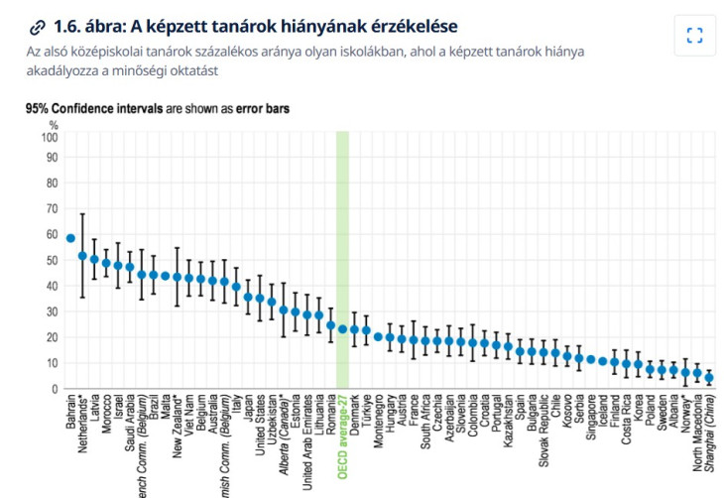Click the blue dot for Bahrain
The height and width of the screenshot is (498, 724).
(x=70, y=238)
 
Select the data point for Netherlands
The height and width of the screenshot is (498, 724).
(x=82, y=256)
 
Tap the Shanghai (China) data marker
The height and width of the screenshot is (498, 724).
(x=709, y=378)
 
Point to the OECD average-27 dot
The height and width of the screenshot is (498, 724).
(x=343, y=328)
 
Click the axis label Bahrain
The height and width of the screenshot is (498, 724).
(x=71, y=414)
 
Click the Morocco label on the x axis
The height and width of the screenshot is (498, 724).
(x=107, y=417)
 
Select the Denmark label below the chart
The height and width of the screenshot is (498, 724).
(x=355, y=417)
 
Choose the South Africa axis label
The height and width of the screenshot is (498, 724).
(x=425, y=425)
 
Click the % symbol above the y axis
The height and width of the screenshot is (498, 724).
(x=54, y=125)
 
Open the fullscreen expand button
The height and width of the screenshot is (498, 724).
(x=694, y=36)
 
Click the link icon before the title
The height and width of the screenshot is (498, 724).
(x=38, y=27)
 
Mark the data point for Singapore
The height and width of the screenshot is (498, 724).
(x=591, y=360)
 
